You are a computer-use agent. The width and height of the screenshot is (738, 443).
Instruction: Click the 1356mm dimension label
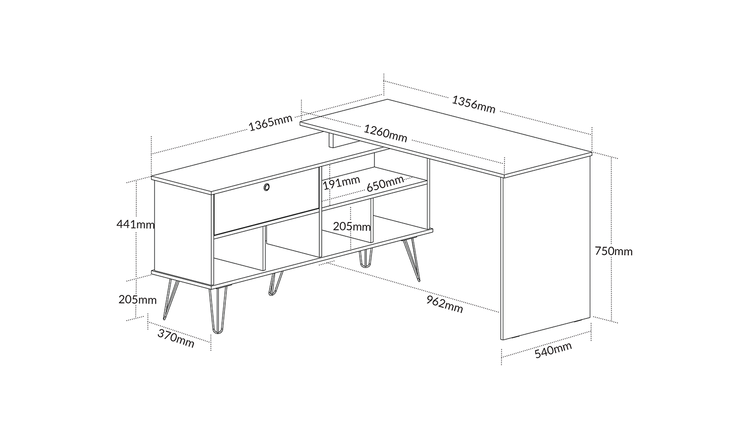coord(473,104)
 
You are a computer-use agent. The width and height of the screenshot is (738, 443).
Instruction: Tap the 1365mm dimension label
coord(271,123)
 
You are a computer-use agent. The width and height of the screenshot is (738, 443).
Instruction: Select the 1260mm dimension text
coord(385,133)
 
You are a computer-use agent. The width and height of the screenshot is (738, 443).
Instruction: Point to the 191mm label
coord(341,183)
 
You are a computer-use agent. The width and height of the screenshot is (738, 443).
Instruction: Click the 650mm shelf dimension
coord(385,184)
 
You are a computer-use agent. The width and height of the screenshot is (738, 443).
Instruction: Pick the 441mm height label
coord(135,224)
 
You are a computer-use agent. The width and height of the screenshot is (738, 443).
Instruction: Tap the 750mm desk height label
coord(614,252)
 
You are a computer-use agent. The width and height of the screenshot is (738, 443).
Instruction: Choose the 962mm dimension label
coord(445,304)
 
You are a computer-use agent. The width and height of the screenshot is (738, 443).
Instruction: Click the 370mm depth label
coord(176,338)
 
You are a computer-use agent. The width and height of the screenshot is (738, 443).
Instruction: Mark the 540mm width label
coord(553,350)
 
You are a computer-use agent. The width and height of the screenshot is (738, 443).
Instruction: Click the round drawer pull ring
coord(267,187)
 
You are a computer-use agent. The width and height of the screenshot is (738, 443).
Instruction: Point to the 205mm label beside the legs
coord(137,300)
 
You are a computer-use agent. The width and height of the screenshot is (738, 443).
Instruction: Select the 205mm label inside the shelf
coord(352,226)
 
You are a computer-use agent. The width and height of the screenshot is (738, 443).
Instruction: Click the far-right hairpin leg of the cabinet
coord(411,260)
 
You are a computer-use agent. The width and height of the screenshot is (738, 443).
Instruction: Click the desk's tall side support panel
coord(545,250)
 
